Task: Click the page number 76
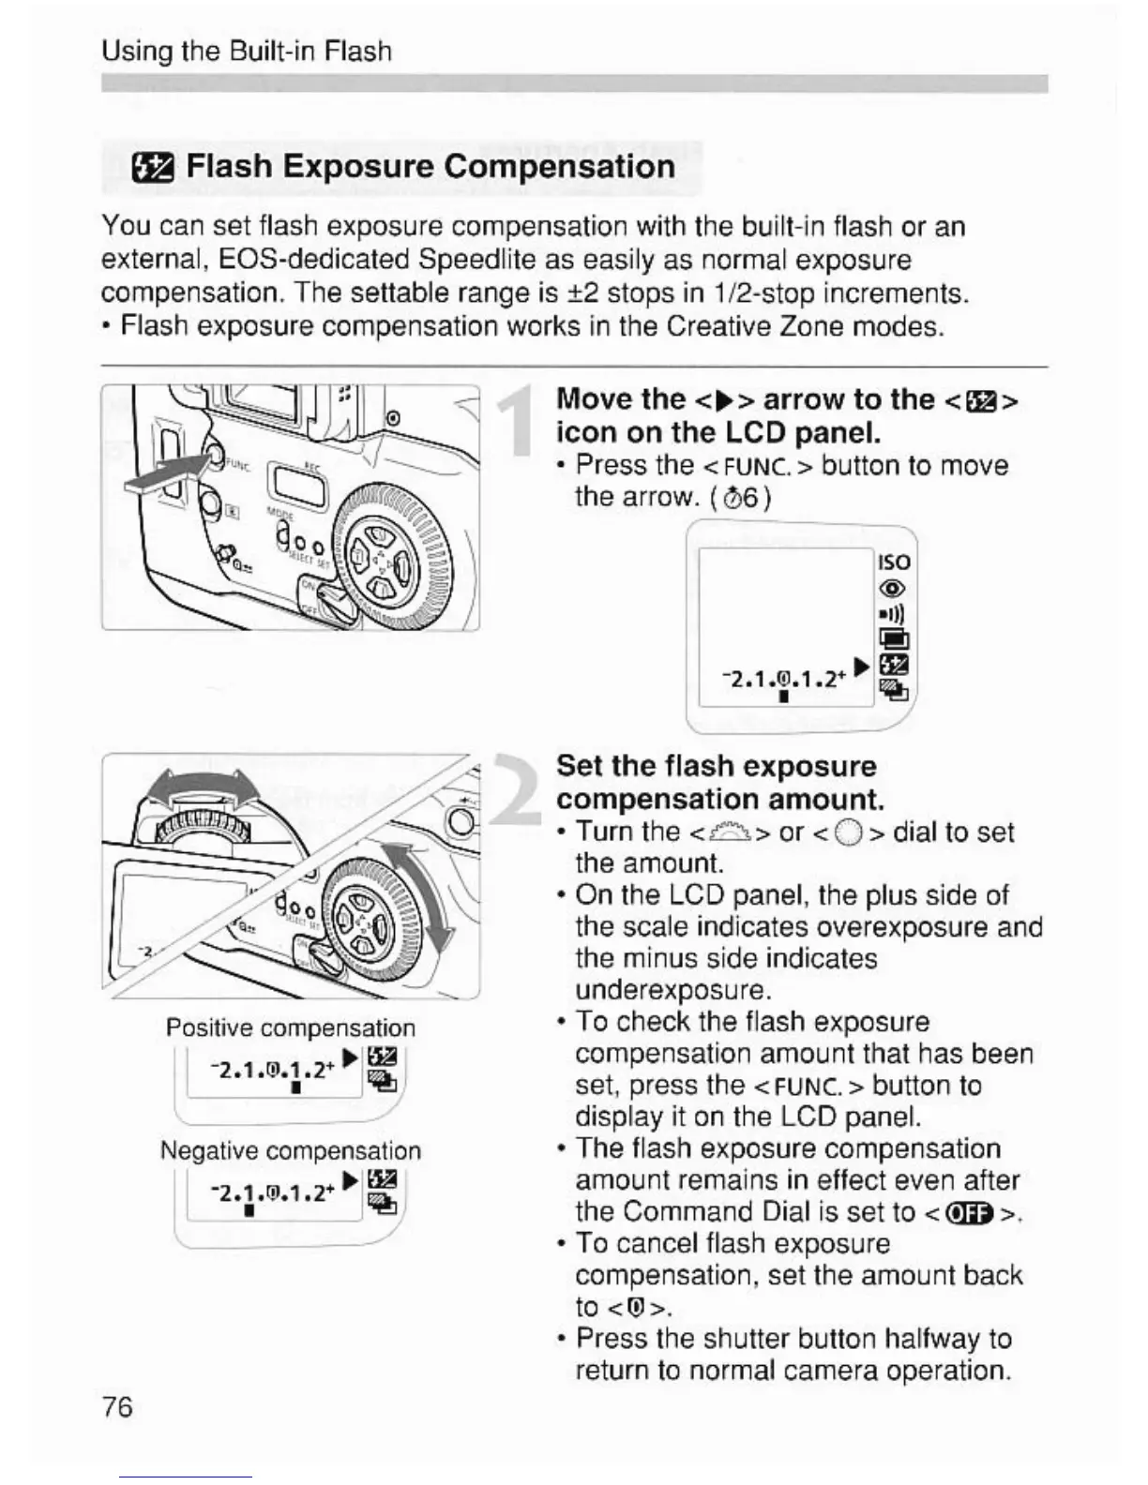coord(117,1406)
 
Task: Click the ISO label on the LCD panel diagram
coord(893,562)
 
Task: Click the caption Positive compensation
coord(290,1027)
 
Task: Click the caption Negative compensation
coord(290,1150)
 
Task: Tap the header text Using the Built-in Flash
coord(246,51)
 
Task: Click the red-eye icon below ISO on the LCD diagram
coord(893,589)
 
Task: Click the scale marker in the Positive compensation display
coord(295,1088)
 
